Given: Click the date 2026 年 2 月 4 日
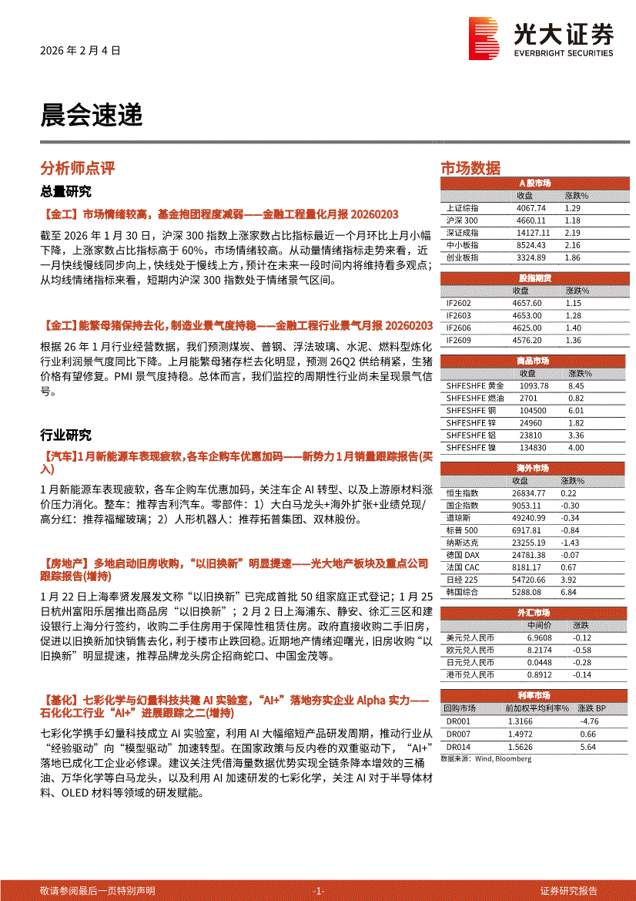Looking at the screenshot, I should pyautogui.click(x=80, y=51).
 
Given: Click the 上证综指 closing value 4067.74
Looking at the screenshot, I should pyautogui.click(x=531, y=208).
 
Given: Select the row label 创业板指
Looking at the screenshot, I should pyautogui.click(x=462, y=257).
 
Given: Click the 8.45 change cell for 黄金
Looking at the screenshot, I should pyautogui.click(x=575, y=385).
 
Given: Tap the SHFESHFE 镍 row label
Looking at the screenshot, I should pyautogui.click(x=475, y=447).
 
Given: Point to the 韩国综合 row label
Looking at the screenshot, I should pyautogui.click(x=462, y=592).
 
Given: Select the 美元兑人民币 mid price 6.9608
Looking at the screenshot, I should pyautogui.click(x=541, y=638).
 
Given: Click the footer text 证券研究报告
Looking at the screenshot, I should pyautogui.click(x=569, y=890).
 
